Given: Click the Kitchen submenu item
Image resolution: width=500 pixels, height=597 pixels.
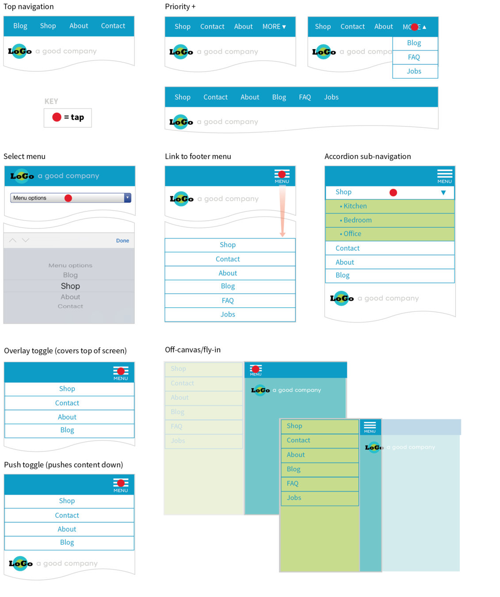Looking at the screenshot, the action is point(355,206).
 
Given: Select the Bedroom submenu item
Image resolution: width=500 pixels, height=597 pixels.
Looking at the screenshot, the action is point(357,220).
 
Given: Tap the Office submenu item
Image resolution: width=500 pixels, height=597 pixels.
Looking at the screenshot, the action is point(352,234).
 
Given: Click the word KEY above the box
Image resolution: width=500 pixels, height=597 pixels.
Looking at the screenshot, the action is point(51,101).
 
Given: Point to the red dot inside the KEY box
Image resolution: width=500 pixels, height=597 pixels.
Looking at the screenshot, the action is point(57,117).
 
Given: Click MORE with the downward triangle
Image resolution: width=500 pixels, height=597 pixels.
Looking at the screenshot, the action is point(274,27).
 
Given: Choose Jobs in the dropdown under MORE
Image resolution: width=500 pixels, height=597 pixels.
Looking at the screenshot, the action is point(414,71).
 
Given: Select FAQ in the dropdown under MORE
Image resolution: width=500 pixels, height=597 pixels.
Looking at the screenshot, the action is point(414,57).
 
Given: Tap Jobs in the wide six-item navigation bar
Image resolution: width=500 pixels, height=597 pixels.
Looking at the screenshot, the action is point(331,97).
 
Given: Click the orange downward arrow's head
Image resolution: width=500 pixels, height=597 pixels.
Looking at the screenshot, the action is point(282,234).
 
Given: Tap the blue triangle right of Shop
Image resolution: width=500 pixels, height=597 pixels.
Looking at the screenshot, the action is point(443,192).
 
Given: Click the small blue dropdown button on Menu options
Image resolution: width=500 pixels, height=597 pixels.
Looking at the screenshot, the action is point(127,198).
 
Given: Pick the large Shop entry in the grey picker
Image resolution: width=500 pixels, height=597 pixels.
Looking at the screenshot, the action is point(70,286).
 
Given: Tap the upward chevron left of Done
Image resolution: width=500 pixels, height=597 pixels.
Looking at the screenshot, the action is point(13,240).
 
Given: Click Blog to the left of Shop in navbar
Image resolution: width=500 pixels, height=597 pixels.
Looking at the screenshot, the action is point(20,26).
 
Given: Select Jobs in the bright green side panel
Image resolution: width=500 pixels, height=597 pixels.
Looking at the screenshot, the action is point(294,498).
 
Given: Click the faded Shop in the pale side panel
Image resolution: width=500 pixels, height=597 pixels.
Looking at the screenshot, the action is point(179,369).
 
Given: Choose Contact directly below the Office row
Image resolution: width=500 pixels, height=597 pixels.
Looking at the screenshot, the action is point(347,249).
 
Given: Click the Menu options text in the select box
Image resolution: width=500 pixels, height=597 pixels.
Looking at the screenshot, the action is point(30,198).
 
